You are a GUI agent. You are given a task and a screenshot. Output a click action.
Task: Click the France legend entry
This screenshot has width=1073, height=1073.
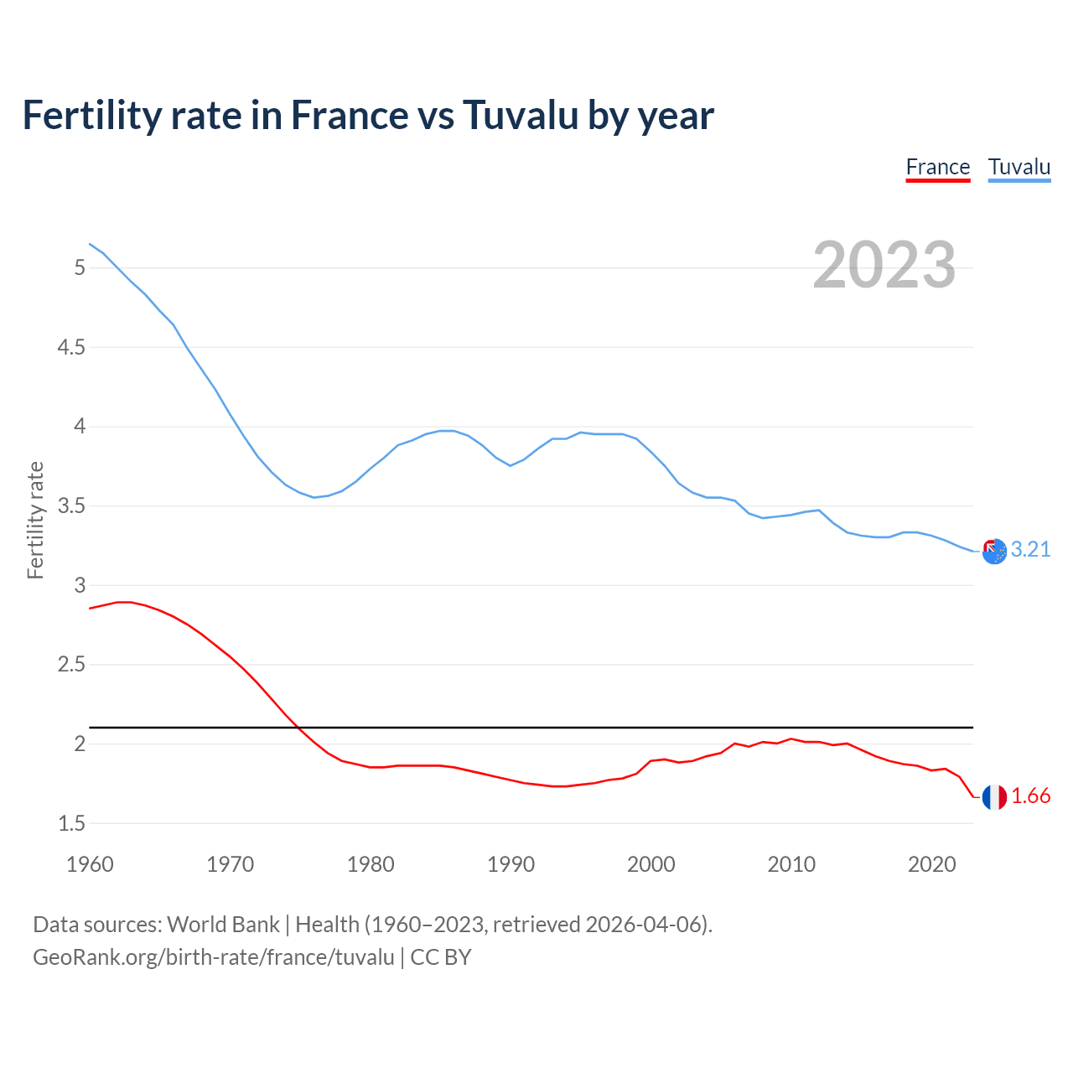(937, 167)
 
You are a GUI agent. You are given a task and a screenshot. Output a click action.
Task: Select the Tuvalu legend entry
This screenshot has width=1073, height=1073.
(1019, 167)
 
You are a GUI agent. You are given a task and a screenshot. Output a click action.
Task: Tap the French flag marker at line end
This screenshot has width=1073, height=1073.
(994, 797)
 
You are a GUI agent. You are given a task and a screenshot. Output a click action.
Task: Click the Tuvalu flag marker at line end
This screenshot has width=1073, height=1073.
(994, 551)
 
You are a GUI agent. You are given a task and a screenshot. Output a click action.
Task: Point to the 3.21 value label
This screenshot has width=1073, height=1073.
(1030, 549)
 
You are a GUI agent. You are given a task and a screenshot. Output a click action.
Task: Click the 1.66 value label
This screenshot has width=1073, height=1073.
(1030, 796)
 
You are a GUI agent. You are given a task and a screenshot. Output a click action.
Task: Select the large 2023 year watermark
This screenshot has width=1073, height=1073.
(884, 265)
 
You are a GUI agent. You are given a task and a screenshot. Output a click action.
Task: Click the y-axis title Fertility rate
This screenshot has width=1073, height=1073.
(35, 520)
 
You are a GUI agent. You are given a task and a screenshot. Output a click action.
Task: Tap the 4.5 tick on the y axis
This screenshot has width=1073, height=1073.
(70, 347)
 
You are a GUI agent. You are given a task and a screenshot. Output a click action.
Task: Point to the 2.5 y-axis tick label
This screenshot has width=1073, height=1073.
(70, 665)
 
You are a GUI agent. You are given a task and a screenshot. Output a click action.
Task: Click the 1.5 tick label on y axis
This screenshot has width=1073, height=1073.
(70, 824)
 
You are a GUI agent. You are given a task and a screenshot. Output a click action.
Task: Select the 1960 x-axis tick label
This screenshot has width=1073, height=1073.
(90, 864)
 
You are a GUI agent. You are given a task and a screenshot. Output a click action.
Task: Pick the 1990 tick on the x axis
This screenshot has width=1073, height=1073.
(511, 864)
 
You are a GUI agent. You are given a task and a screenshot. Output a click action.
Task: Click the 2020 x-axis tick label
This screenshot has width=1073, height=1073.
(931, 864)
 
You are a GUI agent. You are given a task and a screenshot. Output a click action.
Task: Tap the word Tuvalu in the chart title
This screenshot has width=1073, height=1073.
(520, 115)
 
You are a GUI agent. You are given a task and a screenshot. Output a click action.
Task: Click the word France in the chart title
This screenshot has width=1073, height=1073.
(348, 115)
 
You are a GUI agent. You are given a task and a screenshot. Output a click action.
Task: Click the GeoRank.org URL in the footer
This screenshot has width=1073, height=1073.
(213, 956)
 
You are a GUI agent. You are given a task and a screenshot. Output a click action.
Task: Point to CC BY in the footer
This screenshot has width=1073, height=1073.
(441, 956)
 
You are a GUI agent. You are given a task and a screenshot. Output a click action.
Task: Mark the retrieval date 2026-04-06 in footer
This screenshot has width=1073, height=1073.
(642, 924)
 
